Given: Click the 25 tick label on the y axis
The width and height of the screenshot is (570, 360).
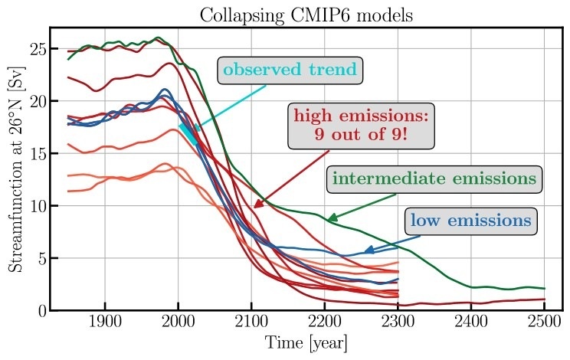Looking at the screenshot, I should click(x=37, y=50).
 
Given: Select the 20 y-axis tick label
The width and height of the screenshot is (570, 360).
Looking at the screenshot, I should click(x=37, y=102).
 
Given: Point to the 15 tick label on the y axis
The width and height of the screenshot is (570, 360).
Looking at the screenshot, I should click(x=37, y=154).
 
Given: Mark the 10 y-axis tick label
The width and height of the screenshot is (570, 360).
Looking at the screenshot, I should click(x=37, y=206).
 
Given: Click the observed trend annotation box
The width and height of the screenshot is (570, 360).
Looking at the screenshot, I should click(x=290, y=70).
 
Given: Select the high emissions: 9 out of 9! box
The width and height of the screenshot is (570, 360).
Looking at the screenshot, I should click(x=362, y=126).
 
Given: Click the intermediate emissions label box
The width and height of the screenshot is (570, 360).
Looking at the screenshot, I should click(x=434, y=179).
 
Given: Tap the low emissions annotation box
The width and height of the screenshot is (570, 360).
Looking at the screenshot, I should click(x=470, y=221).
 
